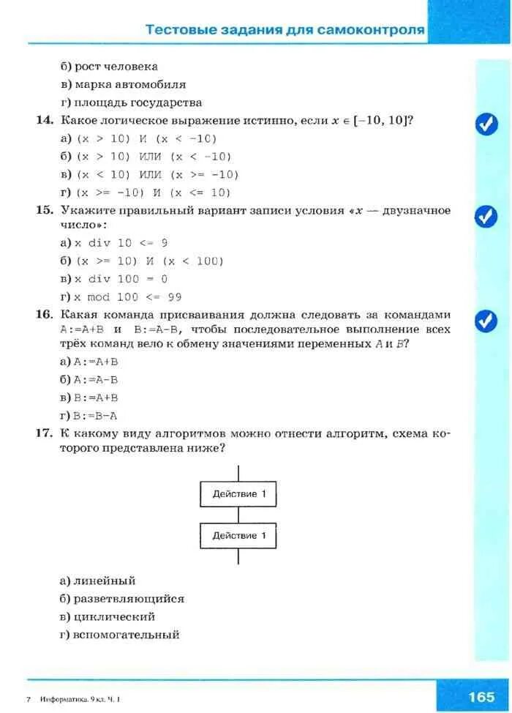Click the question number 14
[x=45, y=119]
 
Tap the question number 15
[x=45, y=210]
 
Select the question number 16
[x=45, y=315]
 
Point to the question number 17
[x=45, y=434]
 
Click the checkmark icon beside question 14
[x=486, y=124]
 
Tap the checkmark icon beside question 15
[x=486, y=216]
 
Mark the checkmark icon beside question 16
[x=486, y=321]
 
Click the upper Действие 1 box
[x=238, y=493]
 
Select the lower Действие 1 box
[x=238, y=535]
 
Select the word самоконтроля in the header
[x=374, y=30]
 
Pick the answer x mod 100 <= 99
[x=127, y=297]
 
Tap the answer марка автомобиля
[x=129, y=84]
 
